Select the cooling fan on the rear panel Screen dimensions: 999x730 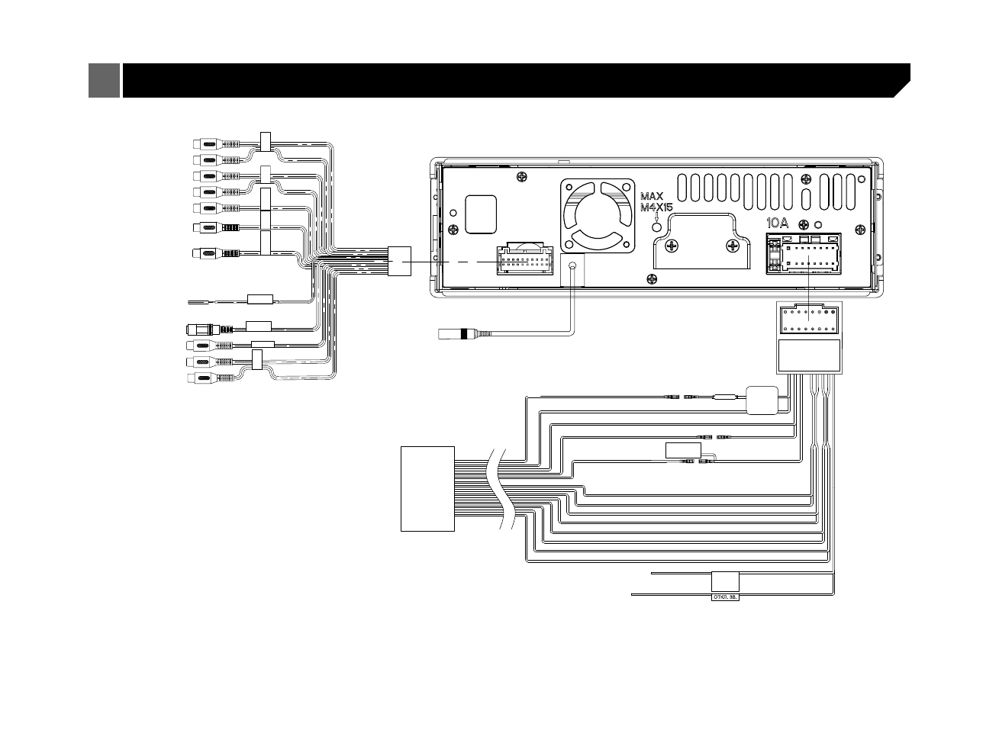pos(598,215)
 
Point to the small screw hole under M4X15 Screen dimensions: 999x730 pos(656,227)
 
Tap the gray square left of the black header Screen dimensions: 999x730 pos(104,80)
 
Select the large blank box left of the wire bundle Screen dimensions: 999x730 pos(427,489)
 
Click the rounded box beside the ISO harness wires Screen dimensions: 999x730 pos(762,400)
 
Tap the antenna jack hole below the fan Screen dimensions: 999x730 pos(572,267)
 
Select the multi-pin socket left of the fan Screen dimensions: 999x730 pos(525,259)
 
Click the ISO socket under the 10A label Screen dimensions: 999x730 pos(804,254)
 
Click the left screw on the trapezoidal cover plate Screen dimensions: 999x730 pos(672,246)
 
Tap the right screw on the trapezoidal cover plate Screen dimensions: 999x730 pos(733,246)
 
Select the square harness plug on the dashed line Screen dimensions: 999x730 pos(400,261)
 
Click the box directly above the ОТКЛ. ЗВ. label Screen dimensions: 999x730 pos(725,581)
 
